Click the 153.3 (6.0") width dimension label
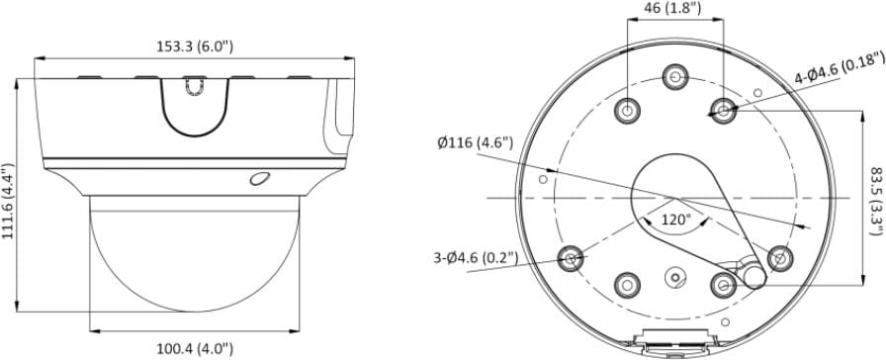click(195, 46)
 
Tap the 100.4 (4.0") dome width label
click(195, 349)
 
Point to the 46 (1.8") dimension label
click(675, 8)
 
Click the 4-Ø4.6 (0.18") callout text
click(840, 67)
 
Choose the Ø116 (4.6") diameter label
click(476, 142)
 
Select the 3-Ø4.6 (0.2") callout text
click(476, 258)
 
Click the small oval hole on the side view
click(259, 178)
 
